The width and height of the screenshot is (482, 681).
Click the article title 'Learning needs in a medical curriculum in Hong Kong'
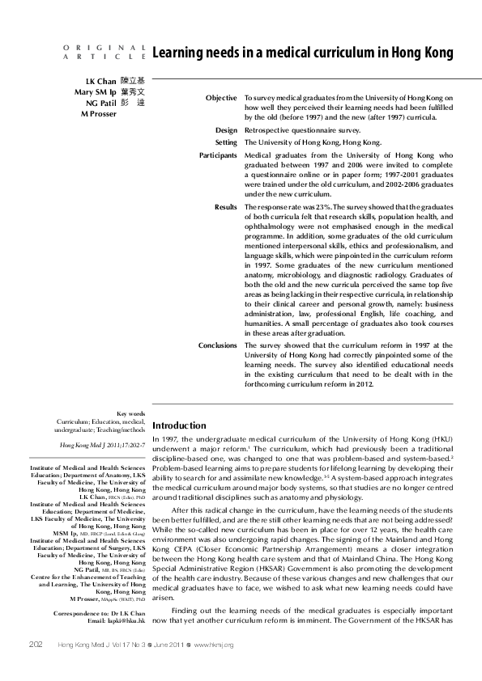click(303, 53)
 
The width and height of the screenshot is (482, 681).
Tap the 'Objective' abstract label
click(220, 98)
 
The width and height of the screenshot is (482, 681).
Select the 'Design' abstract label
click(226, 129)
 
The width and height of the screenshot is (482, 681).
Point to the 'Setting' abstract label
click(225, 142)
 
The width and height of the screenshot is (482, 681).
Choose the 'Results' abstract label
click(225, 207)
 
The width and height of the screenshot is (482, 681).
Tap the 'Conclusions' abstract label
click(217, 345)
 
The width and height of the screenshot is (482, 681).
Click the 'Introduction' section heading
click(179, 425)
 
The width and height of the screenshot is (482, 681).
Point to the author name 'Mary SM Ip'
click(92, 93)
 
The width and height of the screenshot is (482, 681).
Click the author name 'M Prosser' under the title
click(98, 114)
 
